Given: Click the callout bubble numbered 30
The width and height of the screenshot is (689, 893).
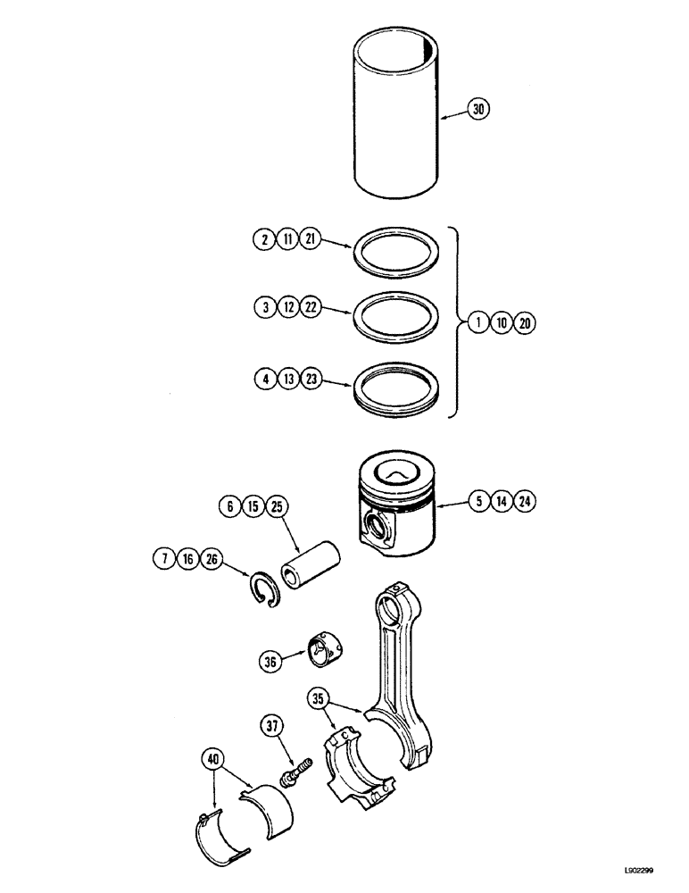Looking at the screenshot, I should tap(478, 110).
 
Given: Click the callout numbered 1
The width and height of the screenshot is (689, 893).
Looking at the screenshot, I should tap(479, 324).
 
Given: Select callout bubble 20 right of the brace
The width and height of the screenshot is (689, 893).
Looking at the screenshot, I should tap(525, 324).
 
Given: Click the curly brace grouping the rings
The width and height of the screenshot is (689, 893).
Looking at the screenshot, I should tap(457, 324).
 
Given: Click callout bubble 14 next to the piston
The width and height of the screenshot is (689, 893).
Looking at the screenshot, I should tap(502, 502).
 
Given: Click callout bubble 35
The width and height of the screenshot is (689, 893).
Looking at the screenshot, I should tap(320, 697).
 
